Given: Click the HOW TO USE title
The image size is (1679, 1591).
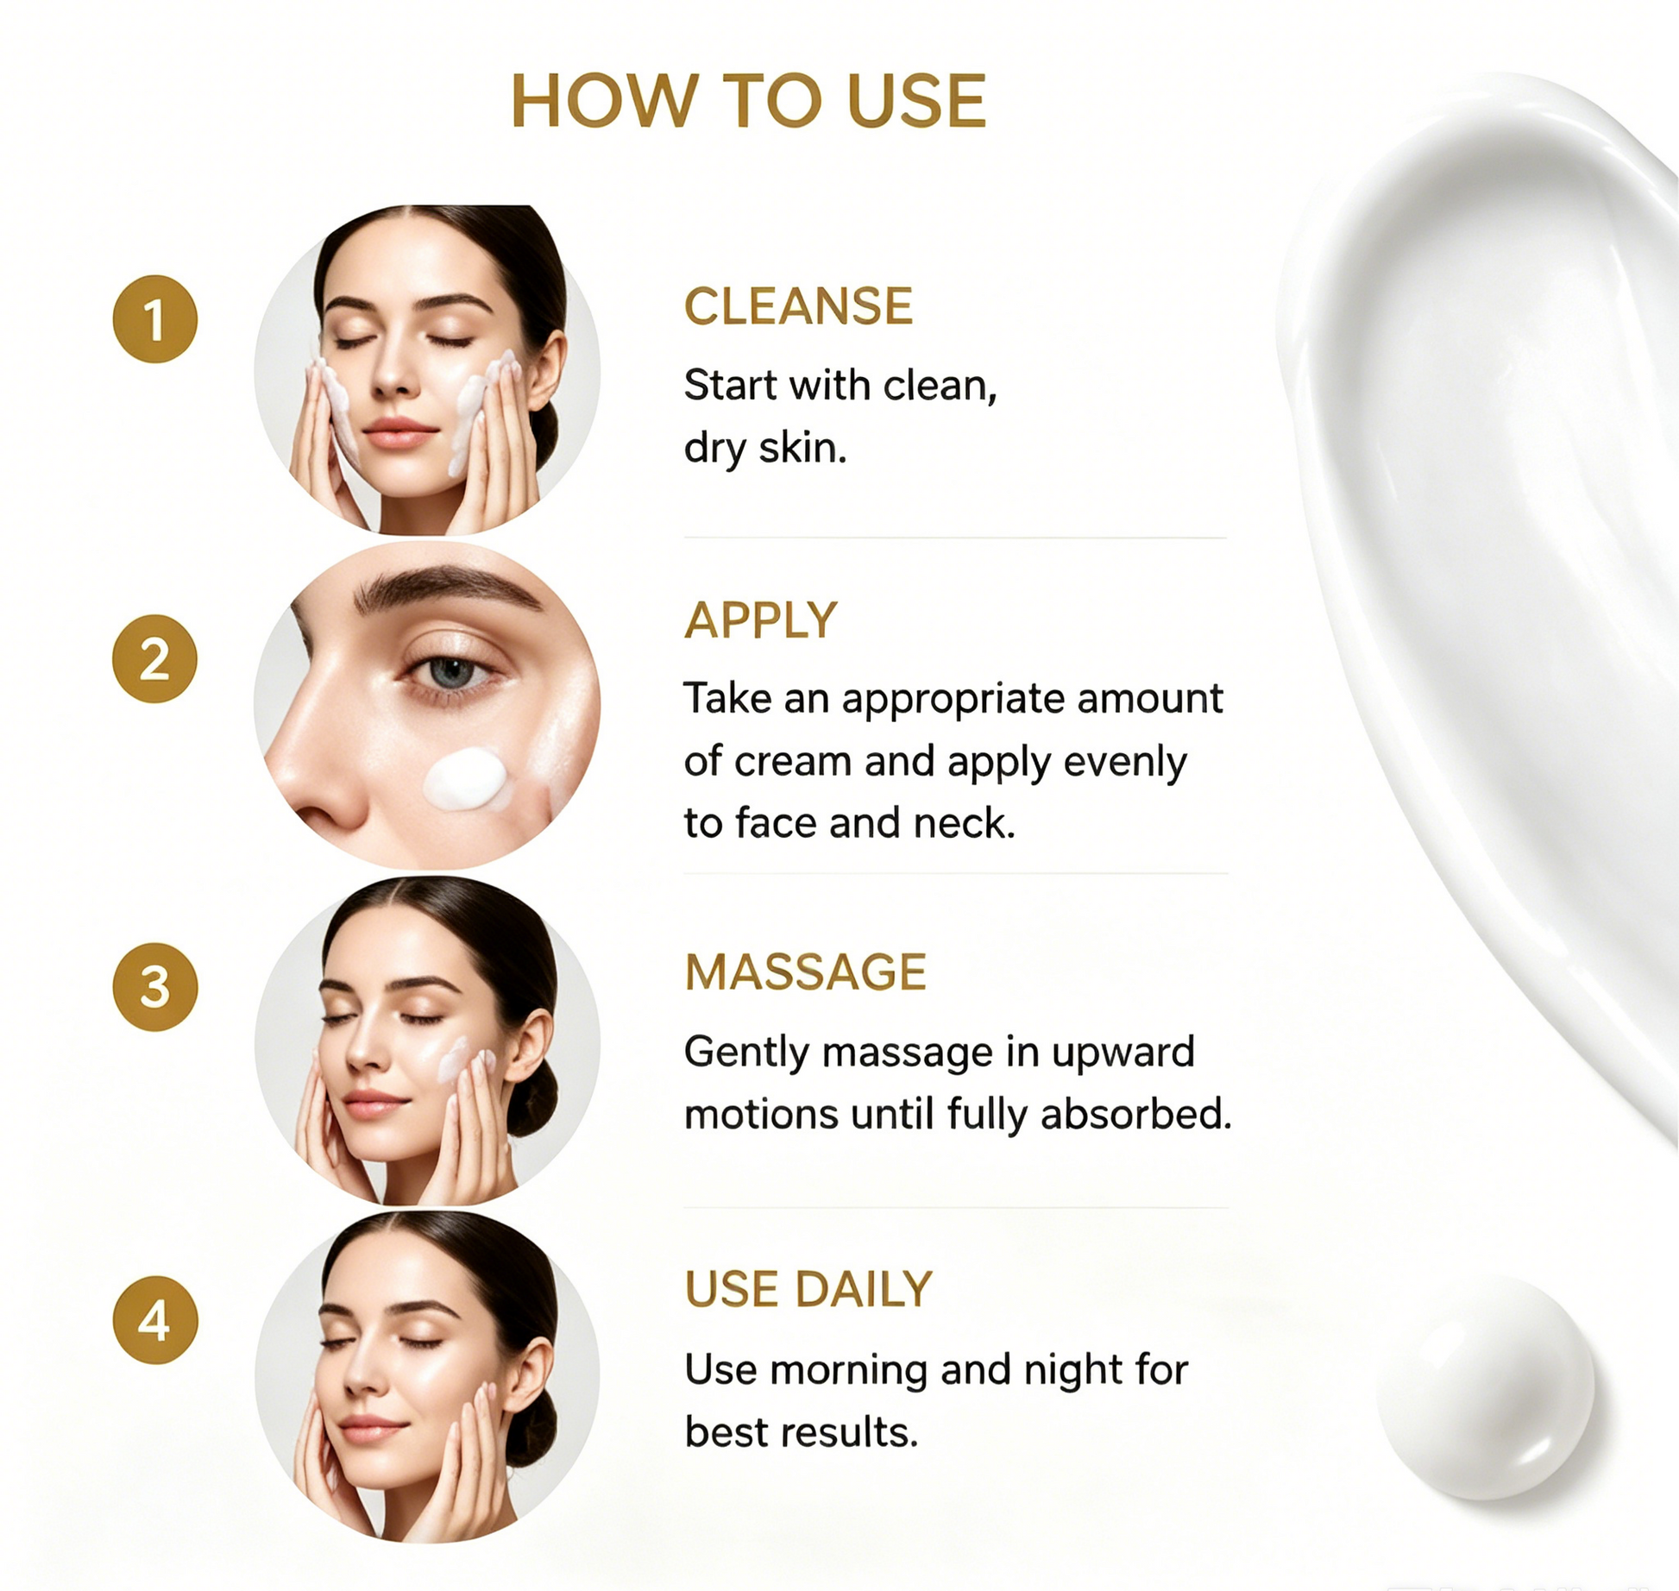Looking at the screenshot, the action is click(748, 101).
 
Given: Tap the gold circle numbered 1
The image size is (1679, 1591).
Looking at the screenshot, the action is click(155, 319).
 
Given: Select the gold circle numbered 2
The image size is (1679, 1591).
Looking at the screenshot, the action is click(155, 658).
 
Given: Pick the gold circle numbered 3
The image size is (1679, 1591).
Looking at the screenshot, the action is click(155, 987).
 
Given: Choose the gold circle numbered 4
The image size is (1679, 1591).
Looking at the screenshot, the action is click(155, 1320).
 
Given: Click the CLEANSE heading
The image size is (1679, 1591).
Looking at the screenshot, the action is click(798, 306).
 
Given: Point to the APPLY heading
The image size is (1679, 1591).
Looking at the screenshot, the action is click(760, 619).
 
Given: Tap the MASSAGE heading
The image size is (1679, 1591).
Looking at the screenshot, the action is click(805, 972).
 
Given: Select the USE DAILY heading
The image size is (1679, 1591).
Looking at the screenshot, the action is click(808, 1290).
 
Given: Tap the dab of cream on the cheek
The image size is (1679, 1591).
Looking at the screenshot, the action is click(466, 779).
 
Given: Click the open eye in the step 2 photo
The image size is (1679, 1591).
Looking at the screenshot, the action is click(450, 672).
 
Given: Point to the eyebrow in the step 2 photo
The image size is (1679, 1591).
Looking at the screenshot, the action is click(447, 586).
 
